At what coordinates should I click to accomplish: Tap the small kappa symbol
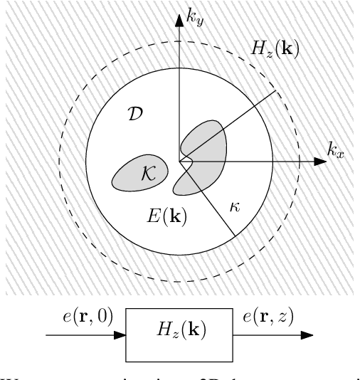coord(235,207)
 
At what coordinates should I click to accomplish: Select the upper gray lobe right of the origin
coord(206,139)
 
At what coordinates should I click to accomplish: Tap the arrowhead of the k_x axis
coord(321,162)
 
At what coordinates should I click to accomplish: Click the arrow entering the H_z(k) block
coord(85,334)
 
